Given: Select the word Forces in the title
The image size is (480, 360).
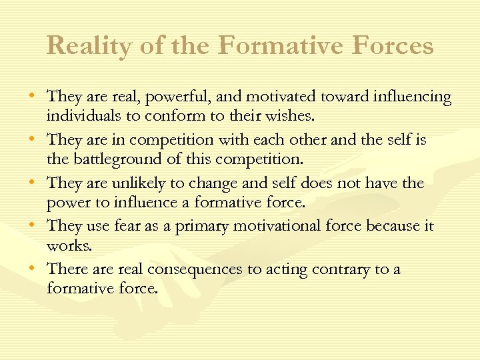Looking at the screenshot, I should click(x=393, y=46).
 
